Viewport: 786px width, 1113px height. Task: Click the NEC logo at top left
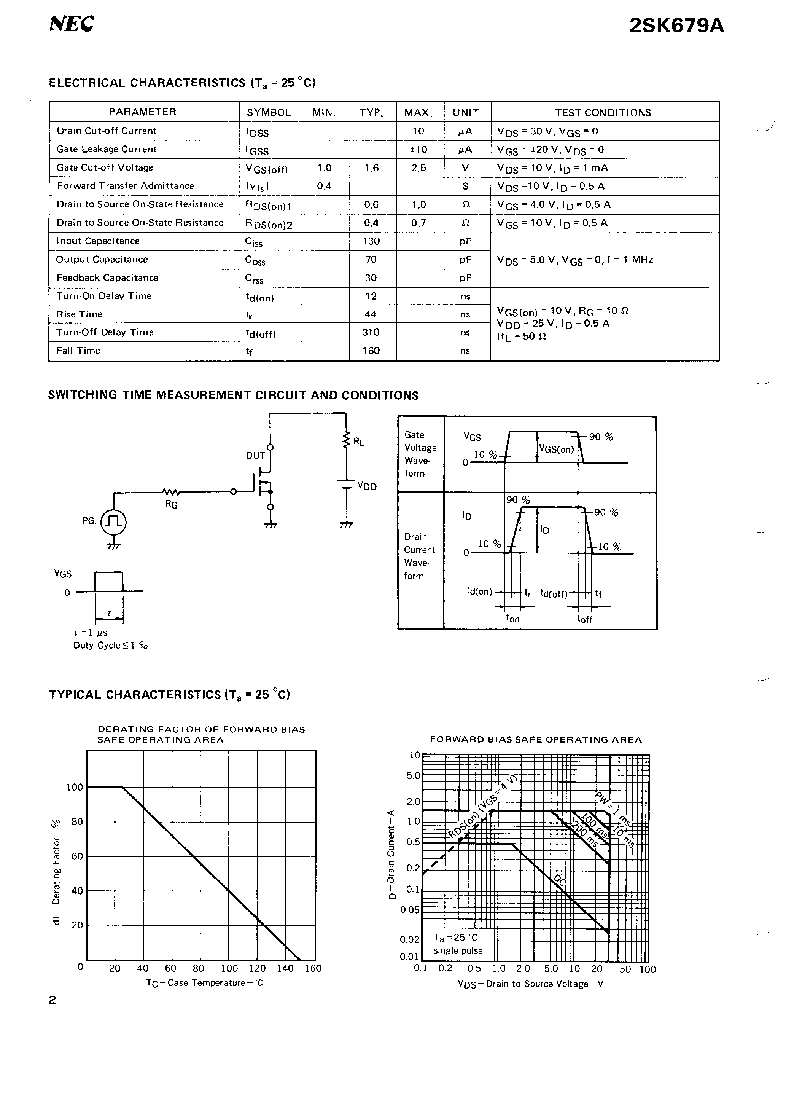click(x=72, y=23)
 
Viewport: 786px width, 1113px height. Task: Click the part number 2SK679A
click(x=676, y=26)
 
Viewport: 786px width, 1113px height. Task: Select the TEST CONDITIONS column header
click(x=603, y=112)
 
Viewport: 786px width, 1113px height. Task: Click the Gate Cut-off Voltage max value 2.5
click(x=419, y=168)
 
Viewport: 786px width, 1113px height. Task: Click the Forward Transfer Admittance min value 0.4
click(x=324, y=186)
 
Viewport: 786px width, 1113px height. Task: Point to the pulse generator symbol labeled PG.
click(x=114, y=521)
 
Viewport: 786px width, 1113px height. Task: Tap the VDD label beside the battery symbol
click(x=366, y=486)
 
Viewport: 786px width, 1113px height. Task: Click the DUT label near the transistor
click(x=255, y=455)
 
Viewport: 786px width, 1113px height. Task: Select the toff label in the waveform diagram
click(x=584, y=619)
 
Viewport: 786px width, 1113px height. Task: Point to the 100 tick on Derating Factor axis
click(x=75, y=787)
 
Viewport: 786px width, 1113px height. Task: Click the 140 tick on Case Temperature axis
click(x=285, y=968)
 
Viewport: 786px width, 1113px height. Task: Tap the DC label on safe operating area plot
click(x=559, y=881)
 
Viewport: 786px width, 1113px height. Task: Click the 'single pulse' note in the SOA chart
click(x=458, y=950)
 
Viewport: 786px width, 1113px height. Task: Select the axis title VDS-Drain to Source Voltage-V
click(x=530, y=984)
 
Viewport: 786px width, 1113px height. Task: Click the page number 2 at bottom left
click(x=53, y=1000)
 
